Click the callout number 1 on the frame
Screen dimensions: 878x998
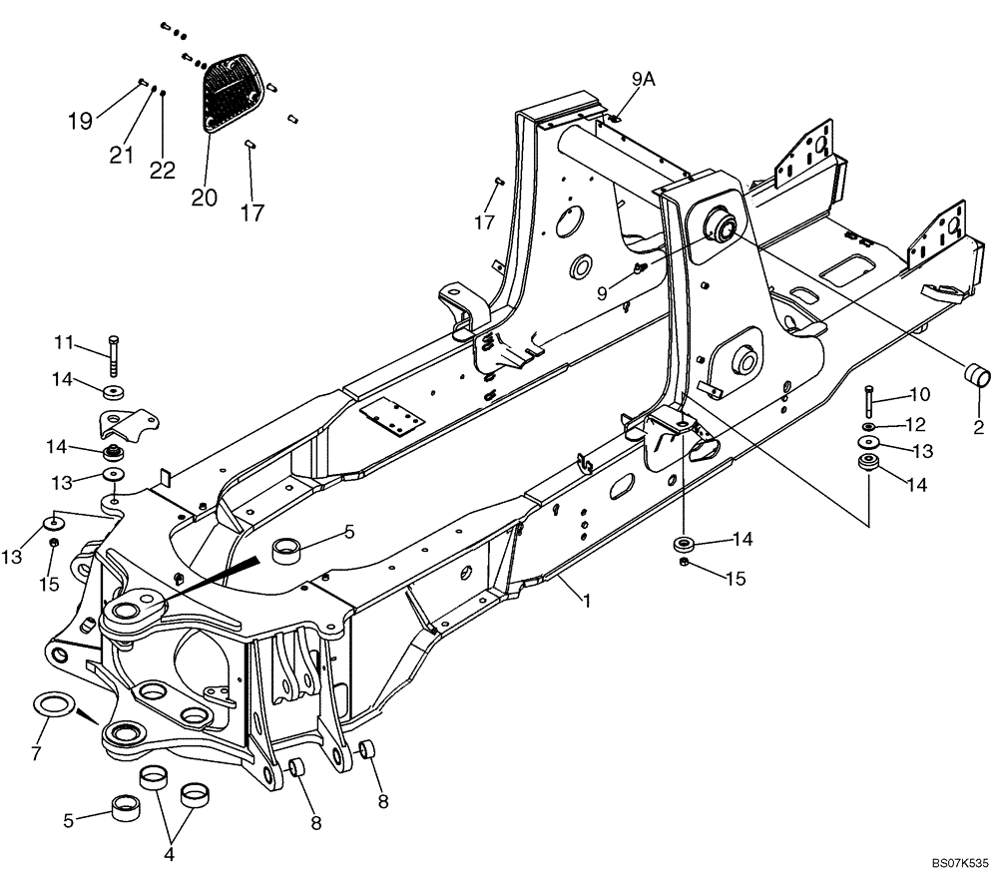tap(588, 601)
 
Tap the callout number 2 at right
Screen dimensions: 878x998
tap(978, 429)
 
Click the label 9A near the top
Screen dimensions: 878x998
tap(643, 80)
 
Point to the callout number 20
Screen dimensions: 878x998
tap(204, 198)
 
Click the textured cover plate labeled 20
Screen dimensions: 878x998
tap(236, 93)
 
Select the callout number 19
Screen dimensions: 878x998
tap(81, 121)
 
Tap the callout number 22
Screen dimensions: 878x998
tap(163, 171)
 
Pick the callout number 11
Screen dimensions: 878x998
tap(64, 343)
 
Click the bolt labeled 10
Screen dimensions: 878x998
tap(868, 401)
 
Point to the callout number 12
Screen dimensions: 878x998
tap(915, 425)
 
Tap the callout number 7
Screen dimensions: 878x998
tap(36, 752)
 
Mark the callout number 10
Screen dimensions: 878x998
tap(919, 393)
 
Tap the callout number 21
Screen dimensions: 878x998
tap(122, 154)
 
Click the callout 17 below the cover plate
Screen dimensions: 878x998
tap(252, 213)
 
